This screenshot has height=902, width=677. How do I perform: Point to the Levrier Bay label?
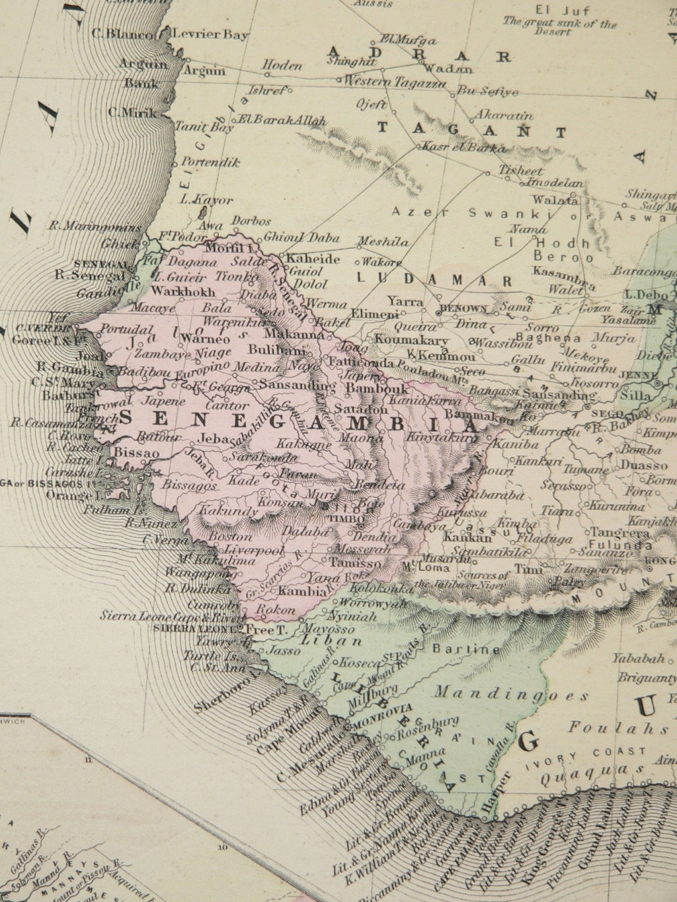tap(210, 34)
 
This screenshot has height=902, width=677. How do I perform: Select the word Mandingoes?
tap(511, 693)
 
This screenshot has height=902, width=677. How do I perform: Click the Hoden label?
tap(283, 66)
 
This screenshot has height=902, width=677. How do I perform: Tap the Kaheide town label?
tap(313, 259)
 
